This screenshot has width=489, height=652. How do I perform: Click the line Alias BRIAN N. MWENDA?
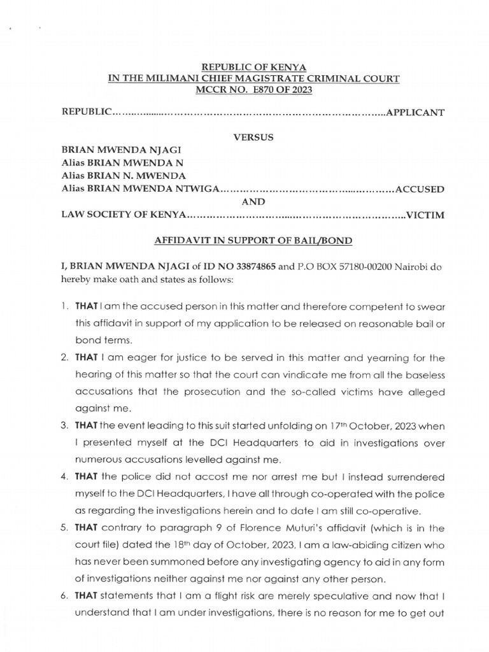123,175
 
